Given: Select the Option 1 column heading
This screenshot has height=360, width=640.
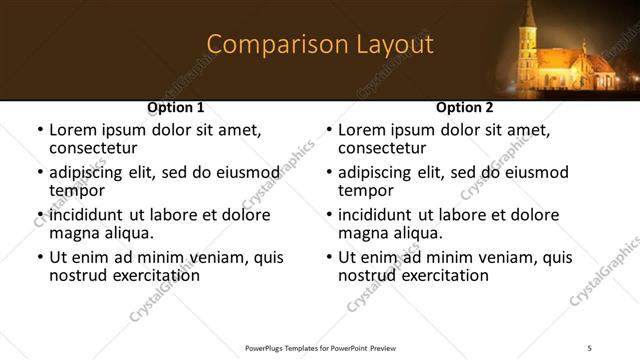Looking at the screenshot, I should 176,107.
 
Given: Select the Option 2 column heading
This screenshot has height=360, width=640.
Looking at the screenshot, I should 465,107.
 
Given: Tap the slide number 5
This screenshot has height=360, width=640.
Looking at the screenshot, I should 590,347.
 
